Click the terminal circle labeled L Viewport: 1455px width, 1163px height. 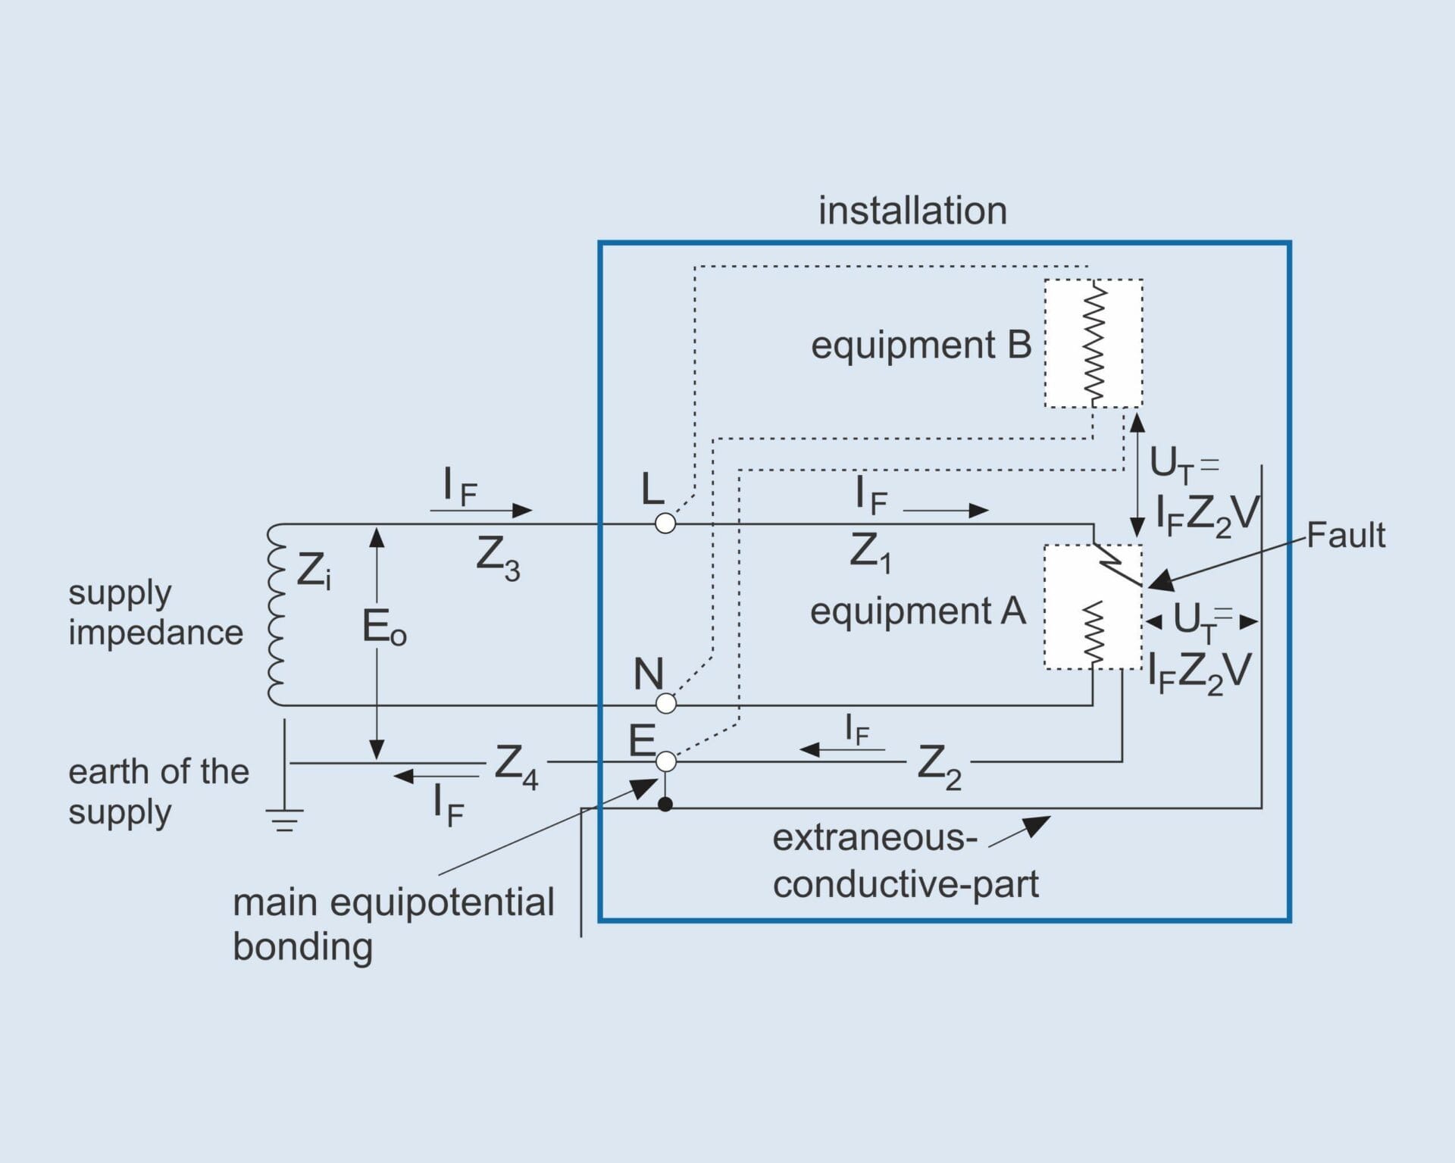click(665, 524)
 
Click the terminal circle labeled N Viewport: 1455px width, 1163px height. click(665, 704)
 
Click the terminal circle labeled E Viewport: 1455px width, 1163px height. click(665, 761)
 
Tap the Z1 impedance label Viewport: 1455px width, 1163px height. click(869, 553)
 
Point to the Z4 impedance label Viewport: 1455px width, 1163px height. click(515, 766)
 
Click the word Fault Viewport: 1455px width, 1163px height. click(1345, 536)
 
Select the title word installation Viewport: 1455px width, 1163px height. click(912, 211)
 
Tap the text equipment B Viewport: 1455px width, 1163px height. click(921, 345)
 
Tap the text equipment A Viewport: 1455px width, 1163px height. click(917, 611)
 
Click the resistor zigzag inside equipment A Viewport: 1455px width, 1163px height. click(1093, 633)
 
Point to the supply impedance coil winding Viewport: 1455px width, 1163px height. click(275, 614)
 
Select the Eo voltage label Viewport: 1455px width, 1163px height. click(383, 628)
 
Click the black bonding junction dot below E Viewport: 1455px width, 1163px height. click(665, 805)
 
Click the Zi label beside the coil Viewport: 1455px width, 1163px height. click(313, 571)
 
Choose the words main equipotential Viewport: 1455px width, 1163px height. click(393, 902)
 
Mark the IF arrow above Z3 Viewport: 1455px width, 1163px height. click(480, 509)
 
